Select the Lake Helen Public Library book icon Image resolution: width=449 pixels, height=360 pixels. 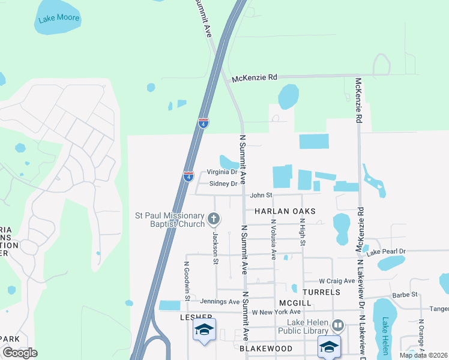pyautogui.click(x=338, y=326)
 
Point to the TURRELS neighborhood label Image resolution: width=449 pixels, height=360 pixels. pyautogui.click(x=321, y=292)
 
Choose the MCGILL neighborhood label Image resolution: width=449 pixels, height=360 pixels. pyautogui.click(x=295, y=303)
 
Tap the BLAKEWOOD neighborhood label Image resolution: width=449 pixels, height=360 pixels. pyautogui.click(x=266, y=349)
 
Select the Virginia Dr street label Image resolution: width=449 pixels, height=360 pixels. pyautogui.click(x=222, y=172)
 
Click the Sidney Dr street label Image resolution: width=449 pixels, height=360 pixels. pyautogui.click(x=223, y=184)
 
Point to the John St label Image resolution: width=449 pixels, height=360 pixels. pyautogui.click(x=261, y=195)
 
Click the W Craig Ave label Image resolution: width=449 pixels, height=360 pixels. pyautogui.click(x=337, y=280)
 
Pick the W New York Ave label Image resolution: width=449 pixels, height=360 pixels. pyautogui.click(x=276, y=312)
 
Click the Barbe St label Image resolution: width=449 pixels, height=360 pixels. pyautogui.click(x=405, y=295)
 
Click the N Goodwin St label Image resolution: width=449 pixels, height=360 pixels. pyautogui.click(x=187, y=281)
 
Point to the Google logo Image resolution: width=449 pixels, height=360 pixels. pyautogui.click(x=20, y=353)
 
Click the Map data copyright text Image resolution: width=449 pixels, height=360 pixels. pyautogui.click(x=423, y=355)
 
